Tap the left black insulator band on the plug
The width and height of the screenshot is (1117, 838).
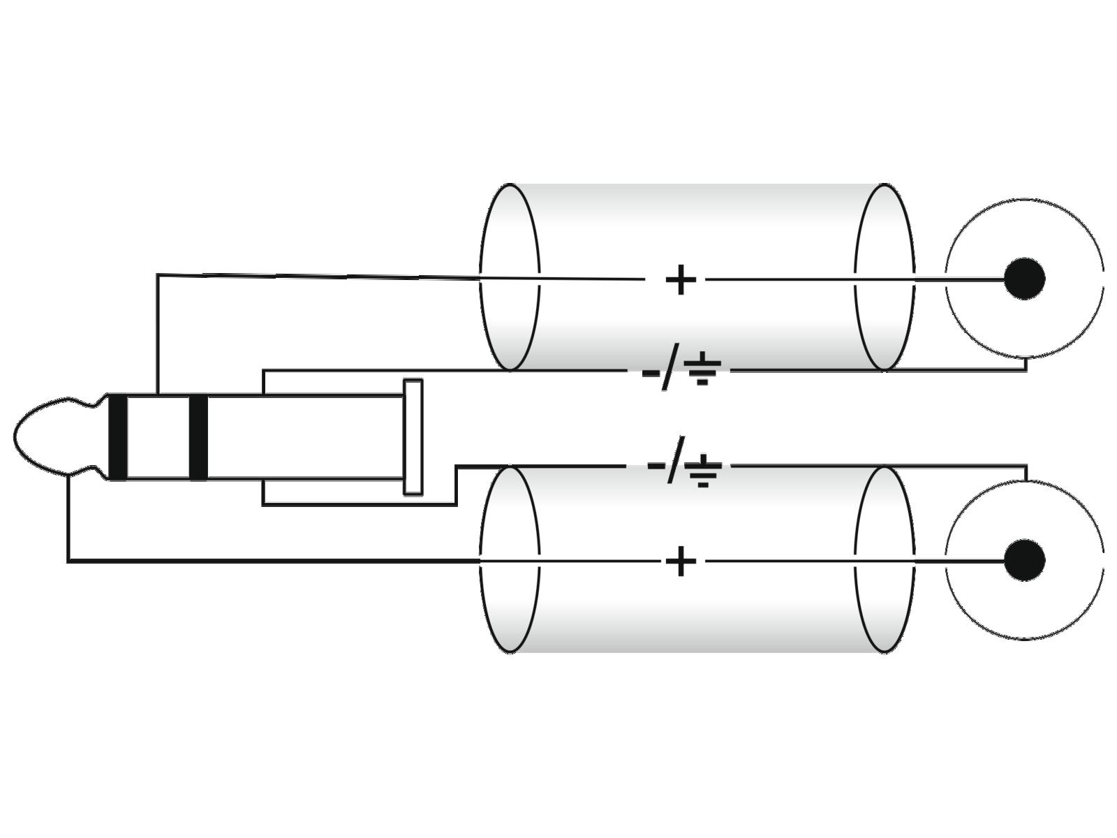pos(118,437)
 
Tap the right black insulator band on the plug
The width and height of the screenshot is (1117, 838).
pos(198,437)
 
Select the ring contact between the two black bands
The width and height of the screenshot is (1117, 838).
pos(158,437)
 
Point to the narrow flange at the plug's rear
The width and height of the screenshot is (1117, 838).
pos(413,437)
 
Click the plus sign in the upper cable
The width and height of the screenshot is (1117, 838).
pos(681,280)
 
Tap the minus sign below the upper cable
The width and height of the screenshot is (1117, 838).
pos(649,371)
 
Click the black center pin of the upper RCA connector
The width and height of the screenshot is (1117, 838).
pos(1024,279)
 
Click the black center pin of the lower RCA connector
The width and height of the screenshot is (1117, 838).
pos(1024,559)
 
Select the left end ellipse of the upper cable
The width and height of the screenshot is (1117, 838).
pos(510,277)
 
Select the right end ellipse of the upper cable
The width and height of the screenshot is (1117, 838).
pos(885,277)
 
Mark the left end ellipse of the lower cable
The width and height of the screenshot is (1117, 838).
pos(510,559)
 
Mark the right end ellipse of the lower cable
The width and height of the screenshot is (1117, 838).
pos(885,559)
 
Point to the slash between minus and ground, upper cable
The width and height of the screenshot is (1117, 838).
pos(670,371)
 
